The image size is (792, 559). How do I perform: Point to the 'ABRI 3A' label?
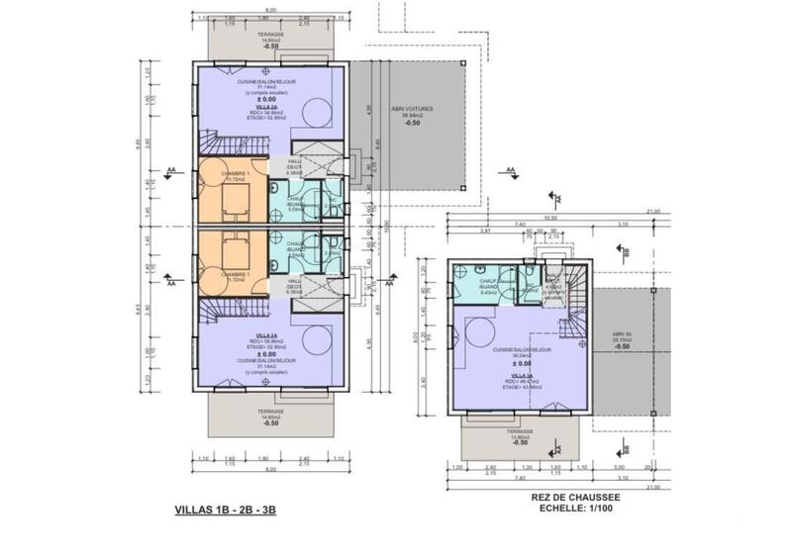tap(623, 332)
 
